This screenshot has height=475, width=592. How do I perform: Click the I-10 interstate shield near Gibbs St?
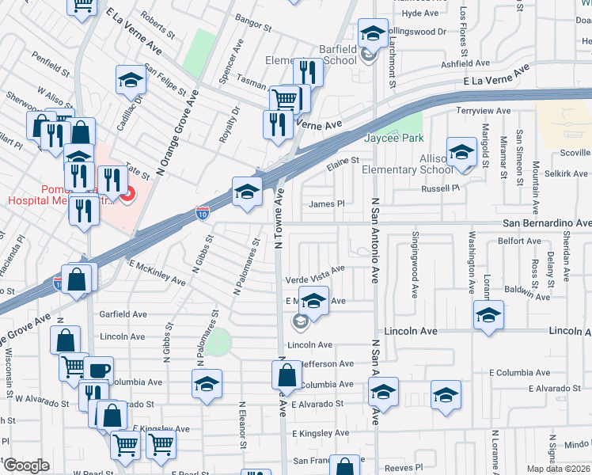click(x=203, y=212)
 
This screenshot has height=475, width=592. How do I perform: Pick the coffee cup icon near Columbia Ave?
click(x=98, y=370)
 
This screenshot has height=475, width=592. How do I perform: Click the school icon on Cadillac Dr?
click(x=130, y=81)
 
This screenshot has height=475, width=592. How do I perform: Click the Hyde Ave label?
click(x=419, y=13)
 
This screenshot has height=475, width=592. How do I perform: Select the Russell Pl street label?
click(x=440, y=188)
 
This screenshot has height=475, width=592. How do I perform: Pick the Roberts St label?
click(x=157, y=24)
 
